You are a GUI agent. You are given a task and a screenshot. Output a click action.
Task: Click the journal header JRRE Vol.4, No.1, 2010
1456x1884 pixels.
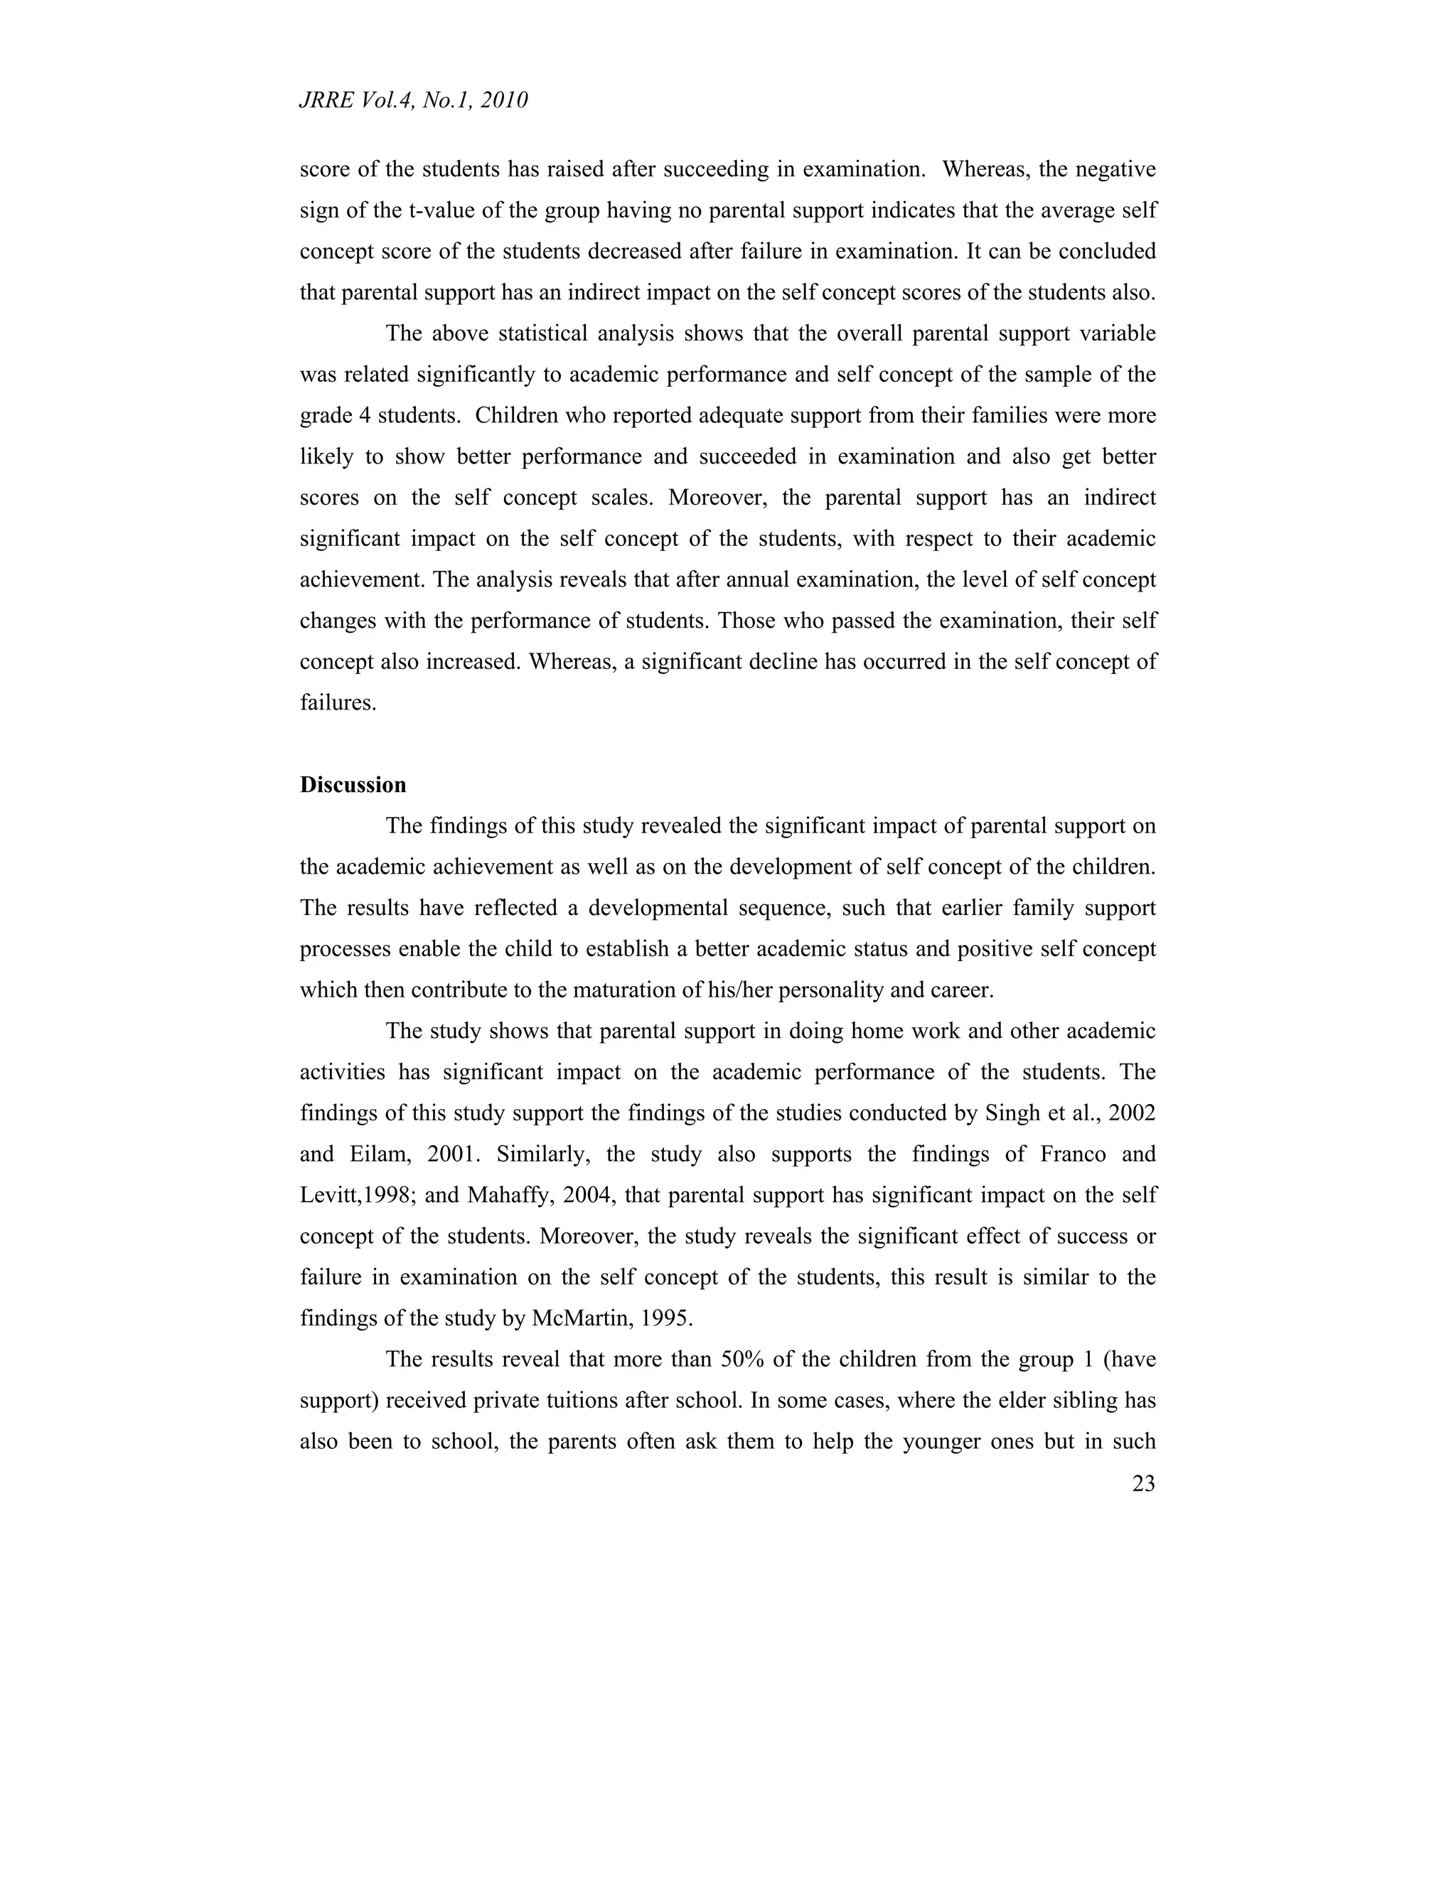click(413, 101)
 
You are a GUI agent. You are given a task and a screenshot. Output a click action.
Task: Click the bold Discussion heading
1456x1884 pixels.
click(353, 785)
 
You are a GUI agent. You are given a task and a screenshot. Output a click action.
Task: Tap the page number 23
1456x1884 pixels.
click(1143, 1484)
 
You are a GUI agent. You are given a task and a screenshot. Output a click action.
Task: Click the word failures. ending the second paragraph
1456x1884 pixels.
click(338, 703)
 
